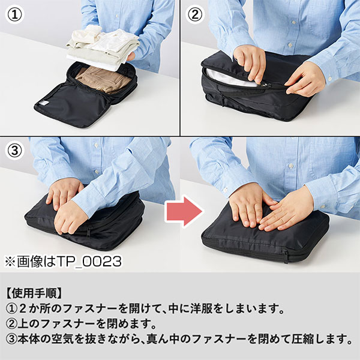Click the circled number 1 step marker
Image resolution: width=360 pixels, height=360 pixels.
pos(14,14)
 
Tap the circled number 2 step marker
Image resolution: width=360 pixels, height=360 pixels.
pos(195,14)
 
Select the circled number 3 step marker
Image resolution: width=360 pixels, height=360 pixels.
pos(14,151)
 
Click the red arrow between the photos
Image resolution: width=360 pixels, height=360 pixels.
pos(184,211)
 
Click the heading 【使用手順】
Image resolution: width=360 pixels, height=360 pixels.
pos(34,293)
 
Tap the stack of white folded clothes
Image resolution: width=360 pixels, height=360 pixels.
pos(103,47)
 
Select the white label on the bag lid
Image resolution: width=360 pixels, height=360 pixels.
pos(44,103)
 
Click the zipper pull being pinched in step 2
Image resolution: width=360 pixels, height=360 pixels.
pos(266,85)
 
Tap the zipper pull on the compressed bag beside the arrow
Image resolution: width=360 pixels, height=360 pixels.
pos(286,256)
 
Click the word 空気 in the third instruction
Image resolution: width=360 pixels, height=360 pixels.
pos(62,339)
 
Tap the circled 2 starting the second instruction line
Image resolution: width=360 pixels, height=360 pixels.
pos(11,324)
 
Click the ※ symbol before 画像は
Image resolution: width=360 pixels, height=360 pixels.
pos(10,262)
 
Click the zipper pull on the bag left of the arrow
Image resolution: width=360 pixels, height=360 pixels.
pos(89,231)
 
